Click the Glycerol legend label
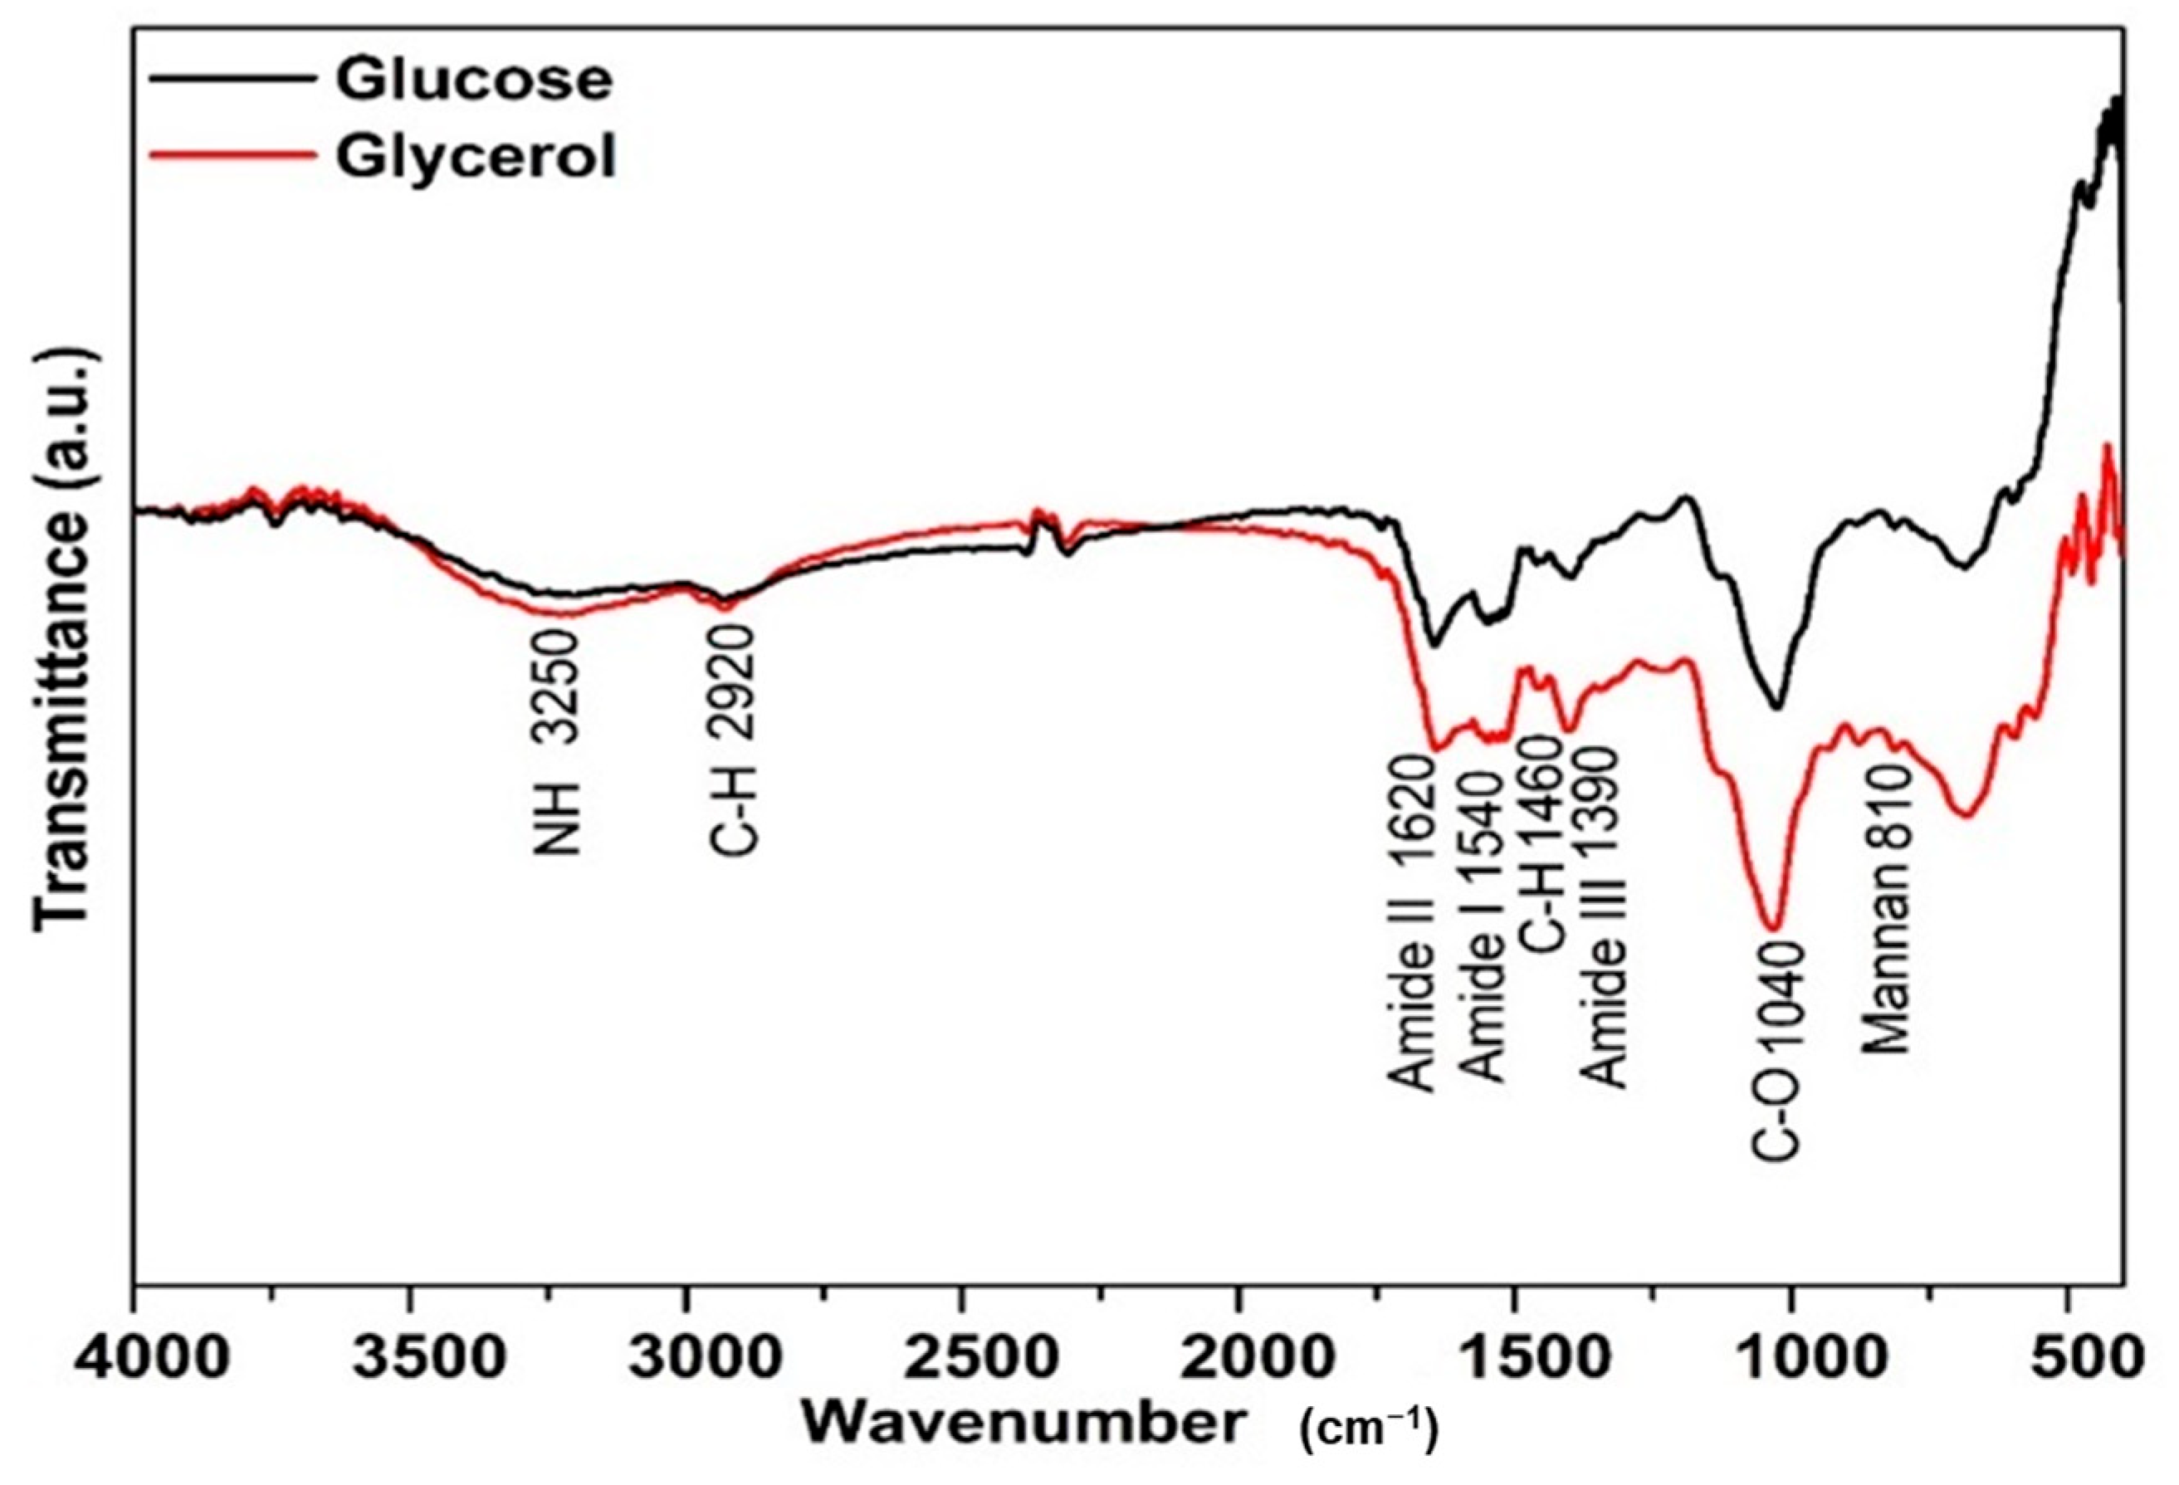476,157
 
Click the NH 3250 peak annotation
559,740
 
